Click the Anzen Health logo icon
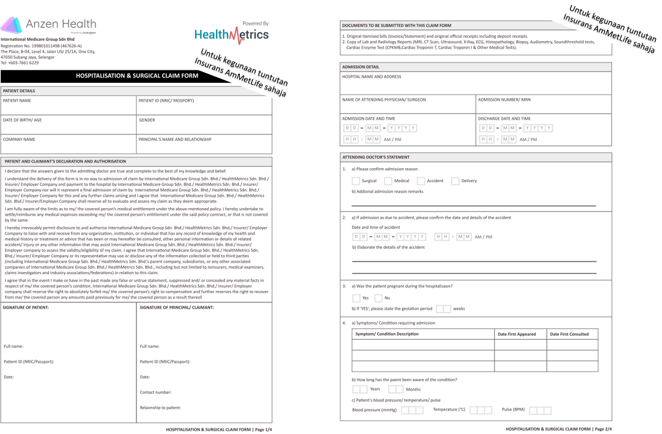[12, 25]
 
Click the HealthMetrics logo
[231, 35]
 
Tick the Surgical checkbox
[356, 181]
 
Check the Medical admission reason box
[388, 181]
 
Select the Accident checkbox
[421, 181]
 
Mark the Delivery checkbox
[455, 181]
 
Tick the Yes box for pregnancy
[356, 298]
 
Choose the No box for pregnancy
[379, 298]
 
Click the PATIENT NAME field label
[17, 101]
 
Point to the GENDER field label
[147, 120]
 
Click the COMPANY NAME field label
[19, 139]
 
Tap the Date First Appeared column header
[517, 334]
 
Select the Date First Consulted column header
[569, 334]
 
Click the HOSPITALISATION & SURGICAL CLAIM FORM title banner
[137, 76]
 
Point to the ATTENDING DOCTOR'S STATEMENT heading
[376, 157]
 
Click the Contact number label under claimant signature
[156, 392]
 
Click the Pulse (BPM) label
[513, 410]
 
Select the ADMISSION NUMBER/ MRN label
[504, 100]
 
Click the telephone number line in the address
[20, 63]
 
